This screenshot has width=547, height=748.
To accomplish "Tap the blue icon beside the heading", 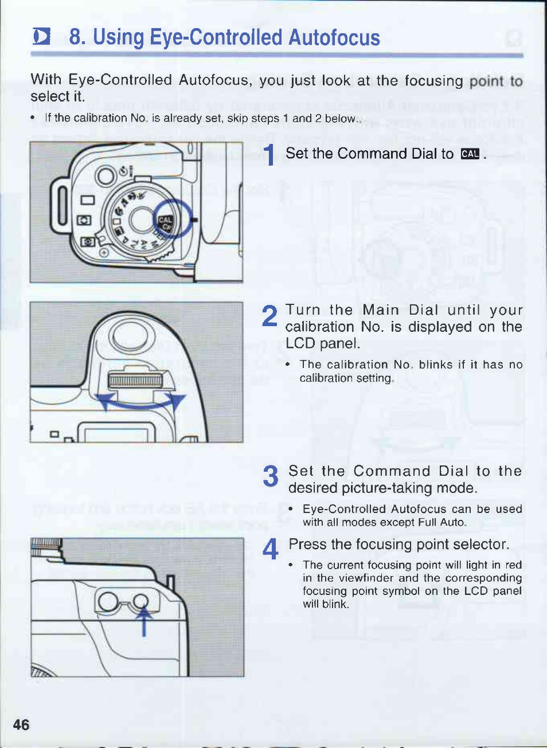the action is (41, 37).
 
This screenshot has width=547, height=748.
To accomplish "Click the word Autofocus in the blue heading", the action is (334, 37).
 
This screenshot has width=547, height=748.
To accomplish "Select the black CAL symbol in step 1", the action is (470, 154).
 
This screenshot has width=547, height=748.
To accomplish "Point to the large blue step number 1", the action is (269, 155).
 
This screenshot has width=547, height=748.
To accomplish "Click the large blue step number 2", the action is (269, 315).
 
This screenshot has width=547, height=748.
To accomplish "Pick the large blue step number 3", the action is (270, 476).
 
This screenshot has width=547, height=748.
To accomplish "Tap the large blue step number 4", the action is (270, 549).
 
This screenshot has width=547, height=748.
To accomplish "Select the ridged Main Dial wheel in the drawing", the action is (135, 381).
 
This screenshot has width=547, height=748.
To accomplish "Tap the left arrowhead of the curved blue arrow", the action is (105, 401).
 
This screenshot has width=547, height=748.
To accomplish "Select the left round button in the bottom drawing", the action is (108, 601).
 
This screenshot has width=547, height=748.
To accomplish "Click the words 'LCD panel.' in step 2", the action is (323, 343).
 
